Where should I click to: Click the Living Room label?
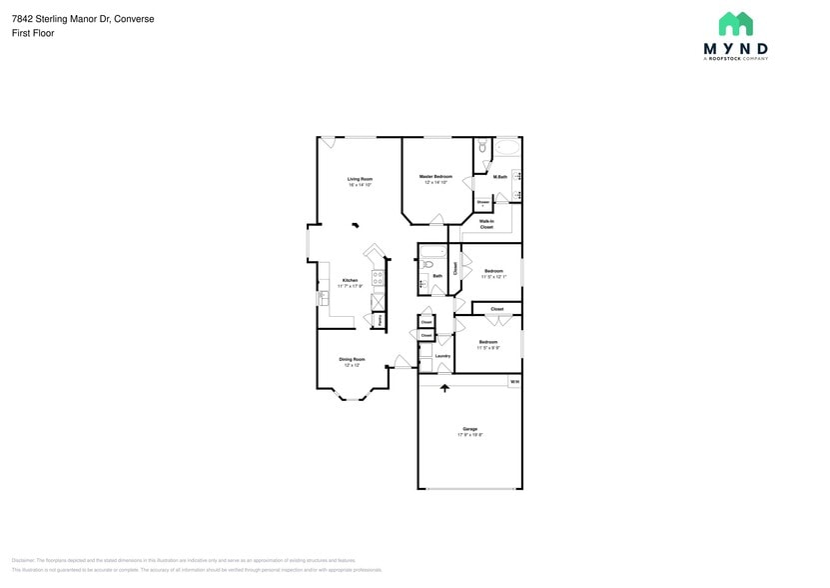coord(360,179)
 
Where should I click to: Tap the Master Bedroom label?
coord(435,176)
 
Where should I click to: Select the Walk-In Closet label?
coord(486,224)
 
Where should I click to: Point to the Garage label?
coord(469,429)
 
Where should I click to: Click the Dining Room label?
coord(352,359)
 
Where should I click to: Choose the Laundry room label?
coord(442,355)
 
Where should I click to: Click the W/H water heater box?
coord(514,382)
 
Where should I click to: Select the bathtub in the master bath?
coord(507,149)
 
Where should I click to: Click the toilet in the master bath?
coord(481,148)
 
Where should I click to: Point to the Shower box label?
coord(482,202)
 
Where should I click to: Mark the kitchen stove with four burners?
coord(379,280)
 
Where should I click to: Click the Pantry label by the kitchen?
coord(380,320)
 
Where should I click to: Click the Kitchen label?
coord(350,280)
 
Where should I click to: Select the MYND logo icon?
coord(736,24)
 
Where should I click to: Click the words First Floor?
coord(34,33)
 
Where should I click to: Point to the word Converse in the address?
coord(134,19)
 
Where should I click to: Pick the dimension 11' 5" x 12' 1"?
coord(493,277)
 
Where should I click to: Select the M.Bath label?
coord(500,177)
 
